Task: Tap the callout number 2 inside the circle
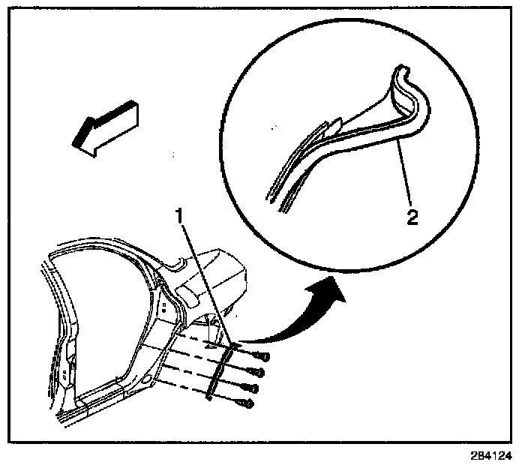coord(411,217)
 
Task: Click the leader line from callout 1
coord(202,277)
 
